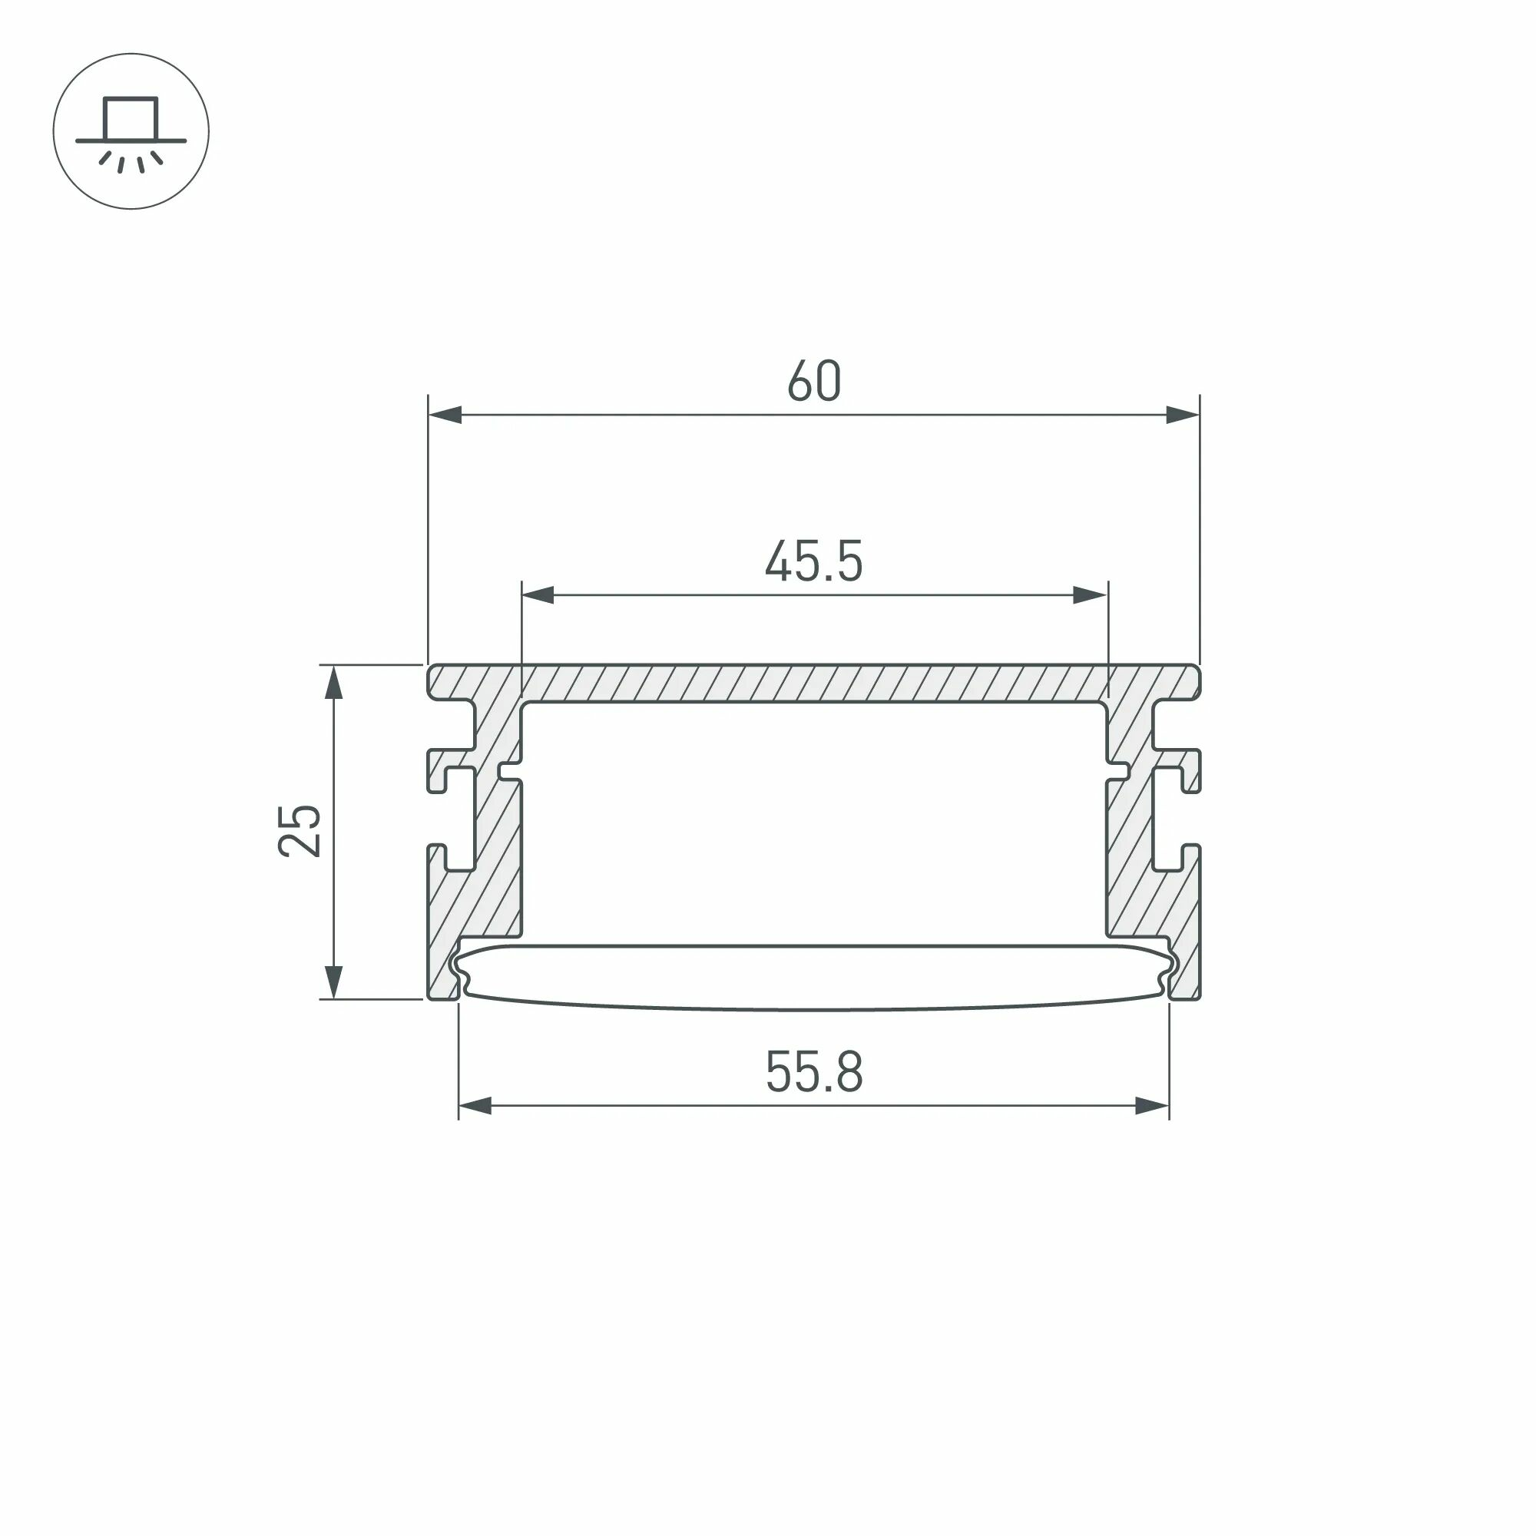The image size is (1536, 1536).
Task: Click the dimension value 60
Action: click(813, 382)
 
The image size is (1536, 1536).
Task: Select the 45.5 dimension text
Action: click(813, 562)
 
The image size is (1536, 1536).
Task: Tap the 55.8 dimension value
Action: click(813, 1072)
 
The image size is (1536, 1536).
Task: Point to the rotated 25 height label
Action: click(300, 832)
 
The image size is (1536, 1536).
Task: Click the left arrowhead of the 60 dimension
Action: click(445, 415)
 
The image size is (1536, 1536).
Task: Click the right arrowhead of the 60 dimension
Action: click(1182, 415)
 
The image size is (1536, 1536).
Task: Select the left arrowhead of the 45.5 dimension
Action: click(538, 595)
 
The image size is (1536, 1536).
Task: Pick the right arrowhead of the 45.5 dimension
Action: click(1090, 595)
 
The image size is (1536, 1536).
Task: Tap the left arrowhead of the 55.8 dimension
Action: click(475, 1106)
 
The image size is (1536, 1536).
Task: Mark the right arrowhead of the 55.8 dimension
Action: click(1152, 1106)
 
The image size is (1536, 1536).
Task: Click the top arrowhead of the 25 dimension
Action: click(334, 682)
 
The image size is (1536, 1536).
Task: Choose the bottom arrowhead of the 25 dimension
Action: click(334, 982)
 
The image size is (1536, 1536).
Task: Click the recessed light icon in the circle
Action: click(131, 132)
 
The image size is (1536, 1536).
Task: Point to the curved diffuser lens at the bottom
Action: click(813, 978)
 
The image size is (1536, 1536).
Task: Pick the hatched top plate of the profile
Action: click(813, 683)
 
